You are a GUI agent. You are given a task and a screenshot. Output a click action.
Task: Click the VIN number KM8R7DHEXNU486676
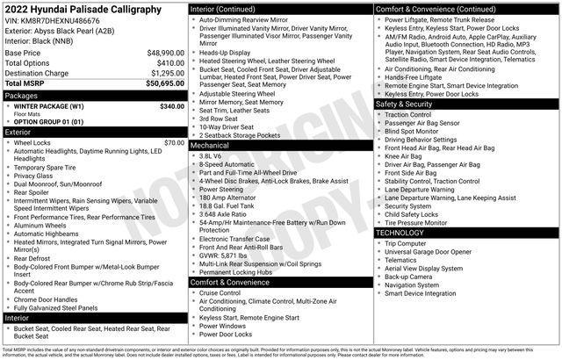coord(53,20)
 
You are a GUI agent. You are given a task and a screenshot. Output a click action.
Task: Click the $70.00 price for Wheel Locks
coord(174,141)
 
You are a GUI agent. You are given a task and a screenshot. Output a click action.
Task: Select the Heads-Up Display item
coord(228,51)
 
